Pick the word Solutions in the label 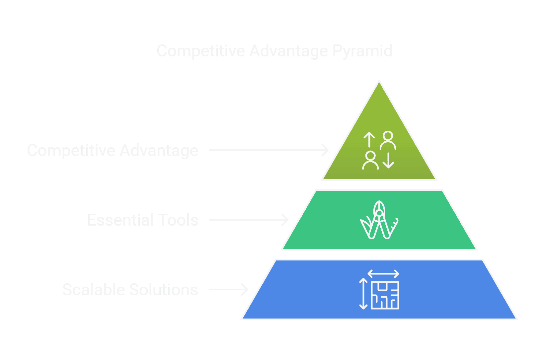click(164, 290)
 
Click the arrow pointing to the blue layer click(228, 289)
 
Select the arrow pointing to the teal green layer click(249, 220)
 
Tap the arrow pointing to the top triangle click(269, 150)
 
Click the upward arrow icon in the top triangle click(369, 139)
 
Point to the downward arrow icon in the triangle click(388, 161)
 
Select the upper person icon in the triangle click(388, 140)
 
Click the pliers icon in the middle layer click(379, 220)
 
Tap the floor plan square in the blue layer click(385, 295)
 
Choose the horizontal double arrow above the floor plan click(383, 273)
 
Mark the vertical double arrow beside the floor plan click(363, 294)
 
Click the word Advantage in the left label click(159, 151)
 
